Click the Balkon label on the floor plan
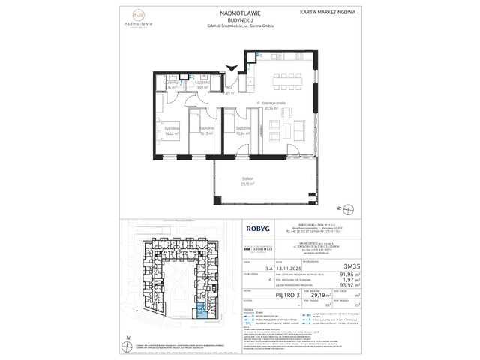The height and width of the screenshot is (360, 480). [247, 179]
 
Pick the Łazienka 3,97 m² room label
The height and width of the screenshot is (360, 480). [201, 85]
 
